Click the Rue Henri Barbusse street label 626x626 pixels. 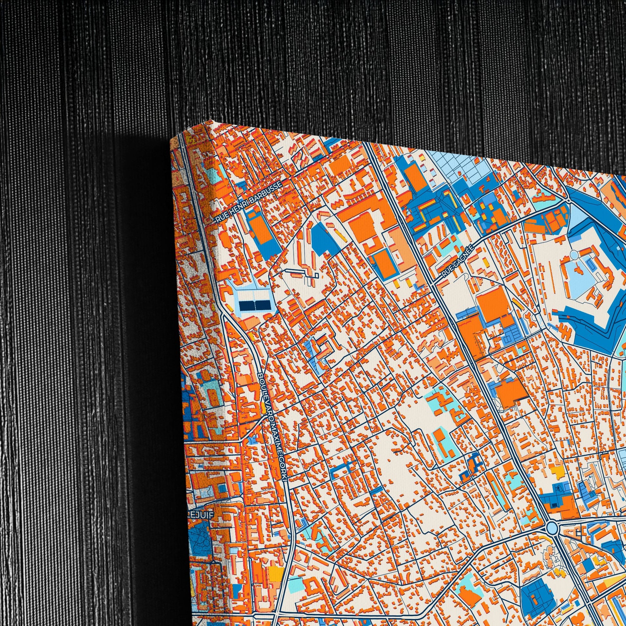tap(249, 202)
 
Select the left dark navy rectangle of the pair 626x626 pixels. tap(247, 305)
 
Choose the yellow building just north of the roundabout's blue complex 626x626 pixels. tap(557, 470)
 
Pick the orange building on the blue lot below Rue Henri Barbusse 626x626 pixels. tap(260, 229)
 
